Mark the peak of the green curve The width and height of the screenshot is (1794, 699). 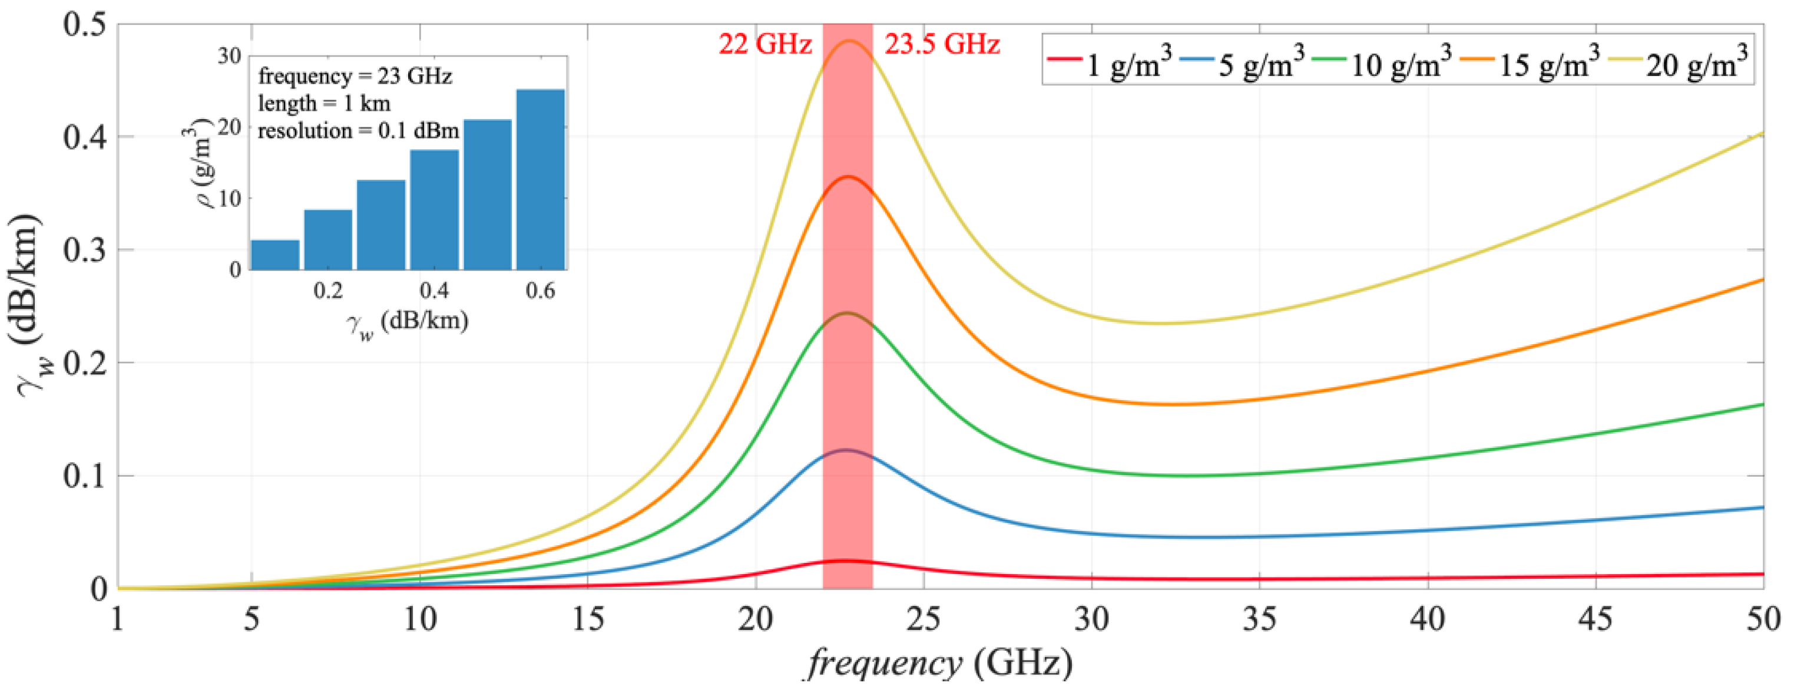pyautogui.click(x=847, y=313)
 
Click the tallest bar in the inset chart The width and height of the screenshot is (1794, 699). pyautogui.click(x=541, y=179)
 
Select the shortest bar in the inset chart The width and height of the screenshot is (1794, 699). pyautogui.click(x=275, y=255)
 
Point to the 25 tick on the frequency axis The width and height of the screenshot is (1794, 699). pyautogui.click(x=924, y=619)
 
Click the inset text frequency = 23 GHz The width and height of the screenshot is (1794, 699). pyautogui.click(x=355, y=76)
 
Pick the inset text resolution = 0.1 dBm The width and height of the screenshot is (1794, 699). pyautogui.click(x=358, y=131)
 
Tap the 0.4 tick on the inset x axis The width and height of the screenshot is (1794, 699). pyautogui.click(x=434, y=290)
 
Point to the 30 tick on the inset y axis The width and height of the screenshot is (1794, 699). pyautogui.click(x=229, y=56)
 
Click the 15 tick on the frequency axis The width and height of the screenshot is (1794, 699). pyautogui.click(x=588, y=619)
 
